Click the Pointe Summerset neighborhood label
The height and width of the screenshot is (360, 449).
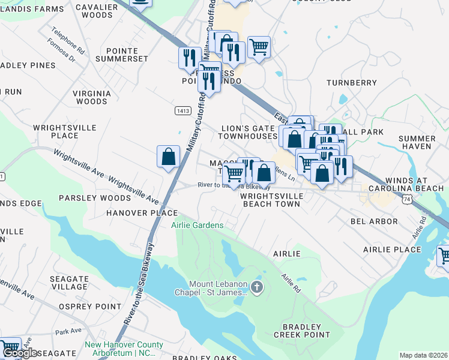127,55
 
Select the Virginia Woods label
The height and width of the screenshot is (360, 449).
92,97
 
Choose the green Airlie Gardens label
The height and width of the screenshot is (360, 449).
197,225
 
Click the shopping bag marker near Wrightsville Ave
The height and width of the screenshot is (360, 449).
169,157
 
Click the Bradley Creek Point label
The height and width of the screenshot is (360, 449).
302,331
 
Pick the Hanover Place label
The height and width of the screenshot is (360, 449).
142,213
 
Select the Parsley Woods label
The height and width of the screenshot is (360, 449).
86,198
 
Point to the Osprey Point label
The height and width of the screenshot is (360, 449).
90,307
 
